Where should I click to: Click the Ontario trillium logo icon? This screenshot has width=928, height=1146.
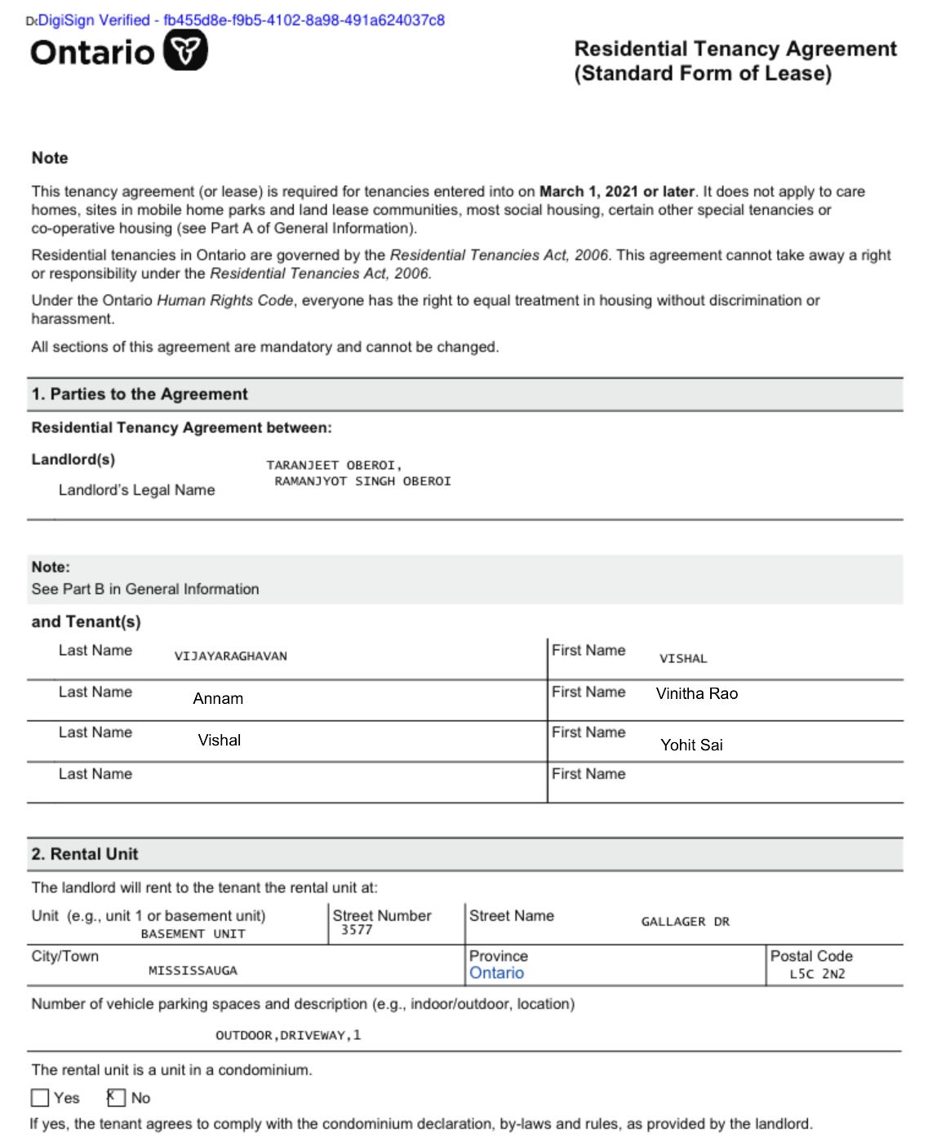[x=185, y=51]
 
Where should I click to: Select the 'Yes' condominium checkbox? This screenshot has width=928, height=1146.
[x=40, y=1098]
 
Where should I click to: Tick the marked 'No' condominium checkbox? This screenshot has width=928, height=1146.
[x=117, y=1098]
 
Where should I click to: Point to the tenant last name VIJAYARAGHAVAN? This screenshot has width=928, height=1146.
[x=231, y=657]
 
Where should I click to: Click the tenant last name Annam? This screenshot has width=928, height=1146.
[x=218, y=699]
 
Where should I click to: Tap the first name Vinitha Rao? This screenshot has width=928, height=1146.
[x=696, y=694]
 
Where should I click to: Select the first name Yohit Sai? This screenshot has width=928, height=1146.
[x=691, y=745]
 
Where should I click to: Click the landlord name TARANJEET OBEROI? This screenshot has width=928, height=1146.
[x=334, y=466]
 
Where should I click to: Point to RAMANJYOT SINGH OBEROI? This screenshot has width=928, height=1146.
[x=362, y=481]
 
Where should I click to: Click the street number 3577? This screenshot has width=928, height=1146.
[x=357, y=930]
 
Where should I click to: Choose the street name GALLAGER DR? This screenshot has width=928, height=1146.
[x=685, y=922]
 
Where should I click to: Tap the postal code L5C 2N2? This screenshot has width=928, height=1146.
[x=817, y=974]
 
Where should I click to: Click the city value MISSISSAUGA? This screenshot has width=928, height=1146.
[x=193, y=971]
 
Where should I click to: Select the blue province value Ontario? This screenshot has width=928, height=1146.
[x=496, y=973]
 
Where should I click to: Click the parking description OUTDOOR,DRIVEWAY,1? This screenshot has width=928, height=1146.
[x=288, y=1035]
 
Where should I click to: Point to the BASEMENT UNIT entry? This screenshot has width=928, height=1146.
[x=193, y=934]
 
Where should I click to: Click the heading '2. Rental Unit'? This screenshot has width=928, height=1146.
[x=85, y=854]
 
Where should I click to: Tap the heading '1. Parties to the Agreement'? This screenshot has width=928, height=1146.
[x=140, y=395]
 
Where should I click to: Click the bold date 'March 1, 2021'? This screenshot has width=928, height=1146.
[x=588, y=192]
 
